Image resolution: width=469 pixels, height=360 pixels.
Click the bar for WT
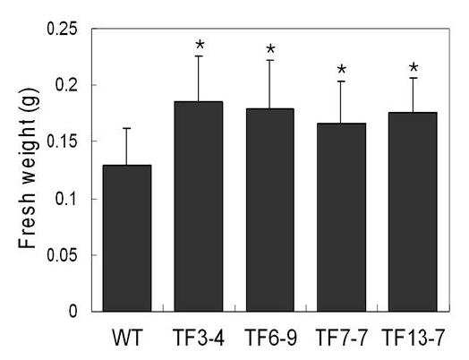point(127,238)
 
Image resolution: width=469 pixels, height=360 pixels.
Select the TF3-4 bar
point(199,207)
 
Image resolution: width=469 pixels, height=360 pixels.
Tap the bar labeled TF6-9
point(270,210)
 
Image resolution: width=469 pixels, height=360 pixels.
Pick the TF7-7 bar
point(341,218)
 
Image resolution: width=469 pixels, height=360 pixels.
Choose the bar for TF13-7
point(413,212)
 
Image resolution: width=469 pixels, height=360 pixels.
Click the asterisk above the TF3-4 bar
point(200,45)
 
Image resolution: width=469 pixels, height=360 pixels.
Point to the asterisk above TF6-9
point(270,48)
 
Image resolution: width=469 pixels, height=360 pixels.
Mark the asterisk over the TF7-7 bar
point(342,70)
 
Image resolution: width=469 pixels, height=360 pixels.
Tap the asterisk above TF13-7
point(414,67)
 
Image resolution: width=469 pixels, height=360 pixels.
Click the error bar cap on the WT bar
point(126,128)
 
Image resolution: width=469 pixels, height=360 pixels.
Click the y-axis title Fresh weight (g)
point(28,168)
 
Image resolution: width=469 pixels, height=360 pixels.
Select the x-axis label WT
point(127,338)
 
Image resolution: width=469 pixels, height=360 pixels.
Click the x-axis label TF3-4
point(199,338)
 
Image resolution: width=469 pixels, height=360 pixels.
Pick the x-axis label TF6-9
point(270,338)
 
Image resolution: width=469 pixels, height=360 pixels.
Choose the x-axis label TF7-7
point(342,338)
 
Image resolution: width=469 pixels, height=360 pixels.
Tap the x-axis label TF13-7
point(414,338)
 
